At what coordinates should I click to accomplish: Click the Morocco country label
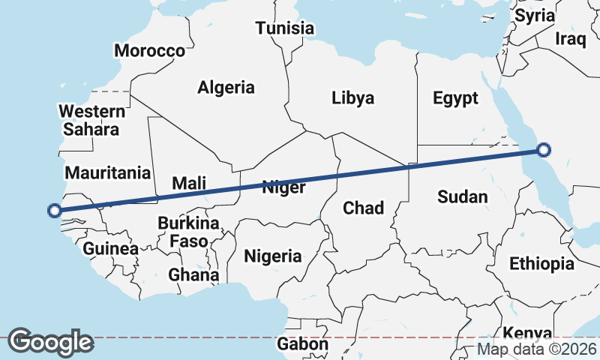coord(149,51)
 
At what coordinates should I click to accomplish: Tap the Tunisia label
coord(284,28)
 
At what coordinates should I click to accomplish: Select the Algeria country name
coord(226,87)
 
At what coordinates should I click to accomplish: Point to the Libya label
coord(352,97)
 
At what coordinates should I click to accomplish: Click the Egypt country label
coord(455,97)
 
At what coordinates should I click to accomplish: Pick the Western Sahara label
coord(92,120)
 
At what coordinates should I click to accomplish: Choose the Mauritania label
coord(108,172)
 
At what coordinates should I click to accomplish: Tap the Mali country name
coord(189,182)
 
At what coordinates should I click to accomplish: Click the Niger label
coord(283,187)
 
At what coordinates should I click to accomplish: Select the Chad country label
coord(363,208)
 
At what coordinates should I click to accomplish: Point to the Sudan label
coord(463,197)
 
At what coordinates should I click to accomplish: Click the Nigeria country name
coord(273,256)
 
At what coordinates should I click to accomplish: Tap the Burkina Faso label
coord(188,232)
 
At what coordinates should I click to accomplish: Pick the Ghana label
coord(193,274)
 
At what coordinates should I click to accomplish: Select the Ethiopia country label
coord(541,263)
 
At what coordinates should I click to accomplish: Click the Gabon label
coord(302,344)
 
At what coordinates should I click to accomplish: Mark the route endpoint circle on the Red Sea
coord(544,150)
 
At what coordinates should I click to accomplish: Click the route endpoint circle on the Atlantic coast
coord(54,210)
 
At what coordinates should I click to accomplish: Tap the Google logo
coord(50,342)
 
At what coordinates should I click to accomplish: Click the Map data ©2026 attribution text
coord(537,349)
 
